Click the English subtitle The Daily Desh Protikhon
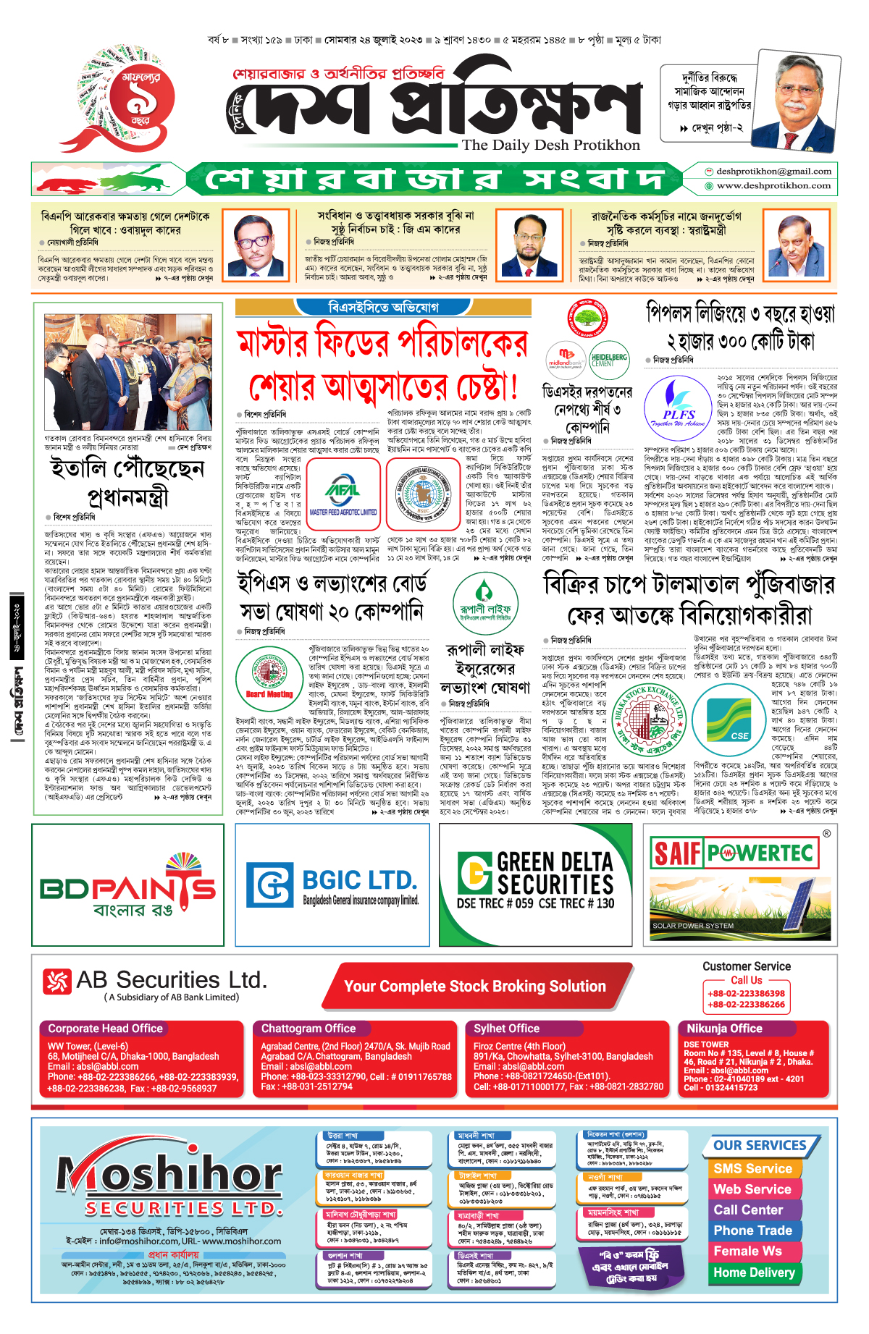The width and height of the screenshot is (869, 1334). [551, 145]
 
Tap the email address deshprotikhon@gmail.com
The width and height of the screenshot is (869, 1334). [773, 172]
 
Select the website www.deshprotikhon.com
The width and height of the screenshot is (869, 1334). [773, 186]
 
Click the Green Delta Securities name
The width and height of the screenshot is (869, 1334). [555, 873]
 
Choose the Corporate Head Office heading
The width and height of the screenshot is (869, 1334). [106, 1029]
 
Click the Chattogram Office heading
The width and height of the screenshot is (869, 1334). [308, 1029]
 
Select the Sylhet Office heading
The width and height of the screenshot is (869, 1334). [507, 1029]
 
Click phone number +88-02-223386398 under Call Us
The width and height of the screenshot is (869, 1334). [746, 994]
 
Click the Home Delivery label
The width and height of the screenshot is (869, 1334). [754, 1272]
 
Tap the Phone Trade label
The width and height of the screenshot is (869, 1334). [752, 1230]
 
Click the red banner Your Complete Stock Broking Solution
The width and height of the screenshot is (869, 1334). [475, 987]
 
